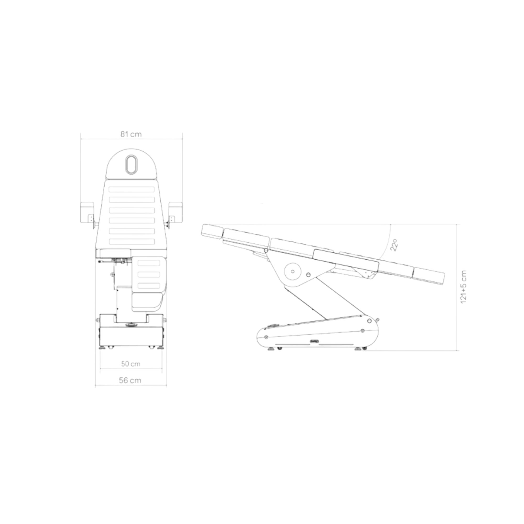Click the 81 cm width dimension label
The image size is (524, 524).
[131, 134]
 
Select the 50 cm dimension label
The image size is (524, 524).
[131, 364]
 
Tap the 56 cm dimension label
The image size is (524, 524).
[130, 380]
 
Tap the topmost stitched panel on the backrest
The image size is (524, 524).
[132, 189]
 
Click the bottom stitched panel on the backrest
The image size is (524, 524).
[132, 241]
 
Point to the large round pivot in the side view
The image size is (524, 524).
[292, 271]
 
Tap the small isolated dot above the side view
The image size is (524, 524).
[262, 204]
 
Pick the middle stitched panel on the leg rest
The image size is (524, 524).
[149, 275]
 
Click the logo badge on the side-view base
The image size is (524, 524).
[314, 341]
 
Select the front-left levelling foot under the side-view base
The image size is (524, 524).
[271, 349]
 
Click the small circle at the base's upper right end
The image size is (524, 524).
[369, 321]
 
